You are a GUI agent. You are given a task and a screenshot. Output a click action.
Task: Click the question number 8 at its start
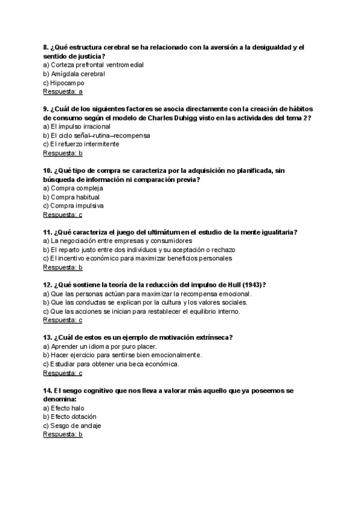46,47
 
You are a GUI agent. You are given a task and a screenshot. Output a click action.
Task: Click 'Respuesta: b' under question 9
63,153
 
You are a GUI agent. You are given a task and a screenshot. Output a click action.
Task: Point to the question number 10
47,170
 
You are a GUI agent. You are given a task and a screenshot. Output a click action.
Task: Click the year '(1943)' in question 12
253,285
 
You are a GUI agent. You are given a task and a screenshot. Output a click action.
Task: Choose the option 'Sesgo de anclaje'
72,426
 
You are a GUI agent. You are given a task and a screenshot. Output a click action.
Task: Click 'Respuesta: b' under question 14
63,434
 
